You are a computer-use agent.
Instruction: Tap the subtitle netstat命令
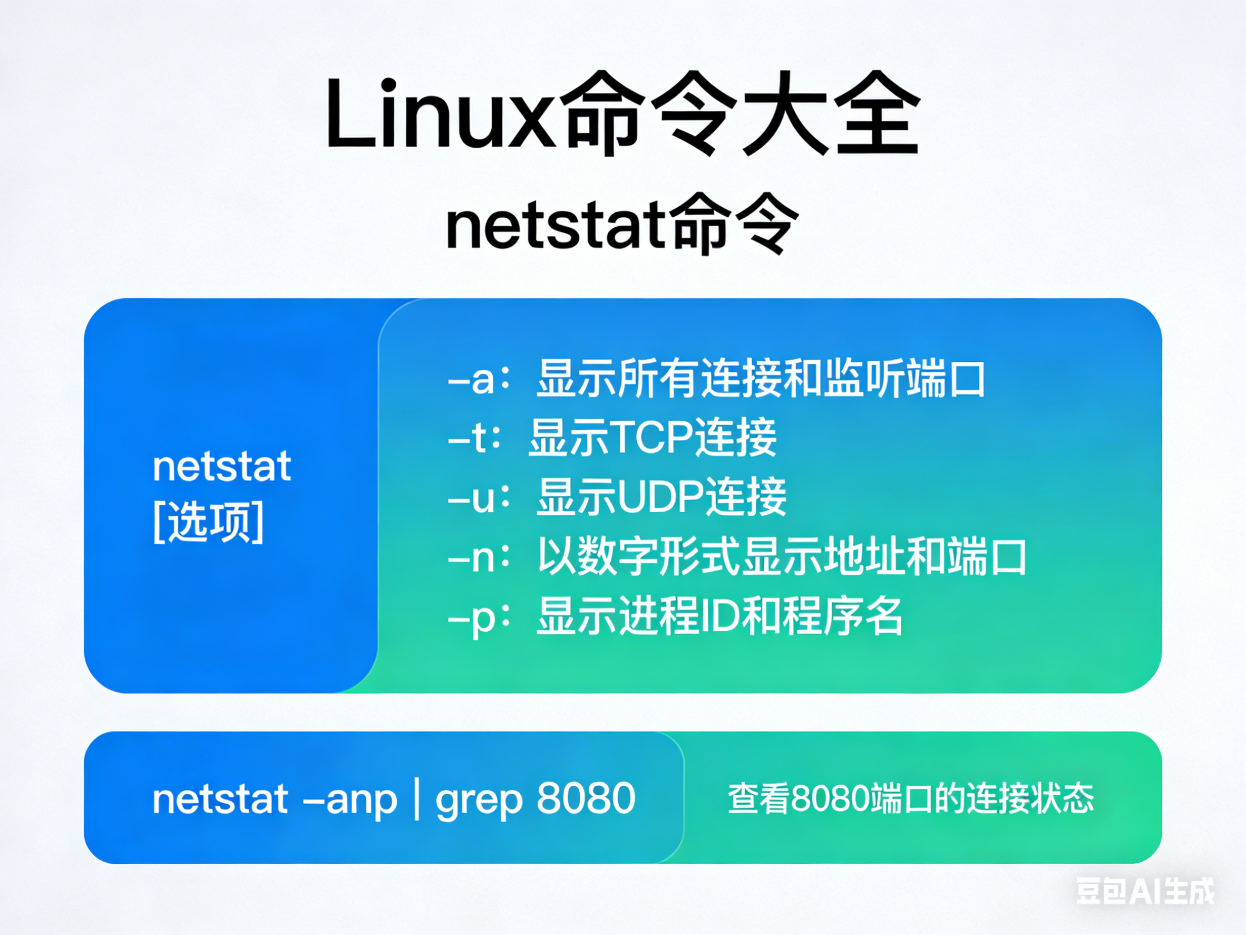pos(622,225)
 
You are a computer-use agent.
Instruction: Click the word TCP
pos(650,438)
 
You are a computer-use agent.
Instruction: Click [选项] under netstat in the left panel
pos(208,523)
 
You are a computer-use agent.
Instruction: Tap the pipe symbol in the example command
pos(416,798)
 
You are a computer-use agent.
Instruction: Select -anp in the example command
pos(350,799)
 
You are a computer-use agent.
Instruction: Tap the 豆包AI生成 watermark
pos(1145,892)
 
